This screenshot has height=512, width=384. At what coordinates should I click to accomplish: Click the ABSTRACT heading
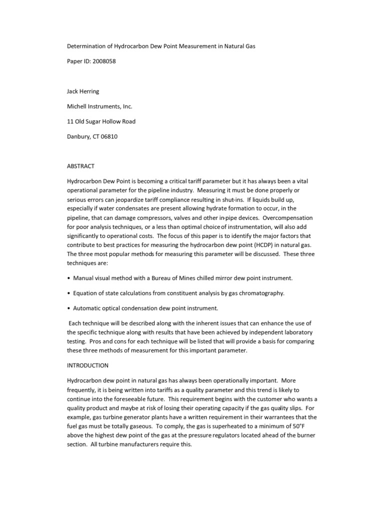point(81,166)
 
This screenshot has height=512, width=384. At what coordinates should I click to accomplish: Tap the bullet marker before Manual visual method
point(68,277)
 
